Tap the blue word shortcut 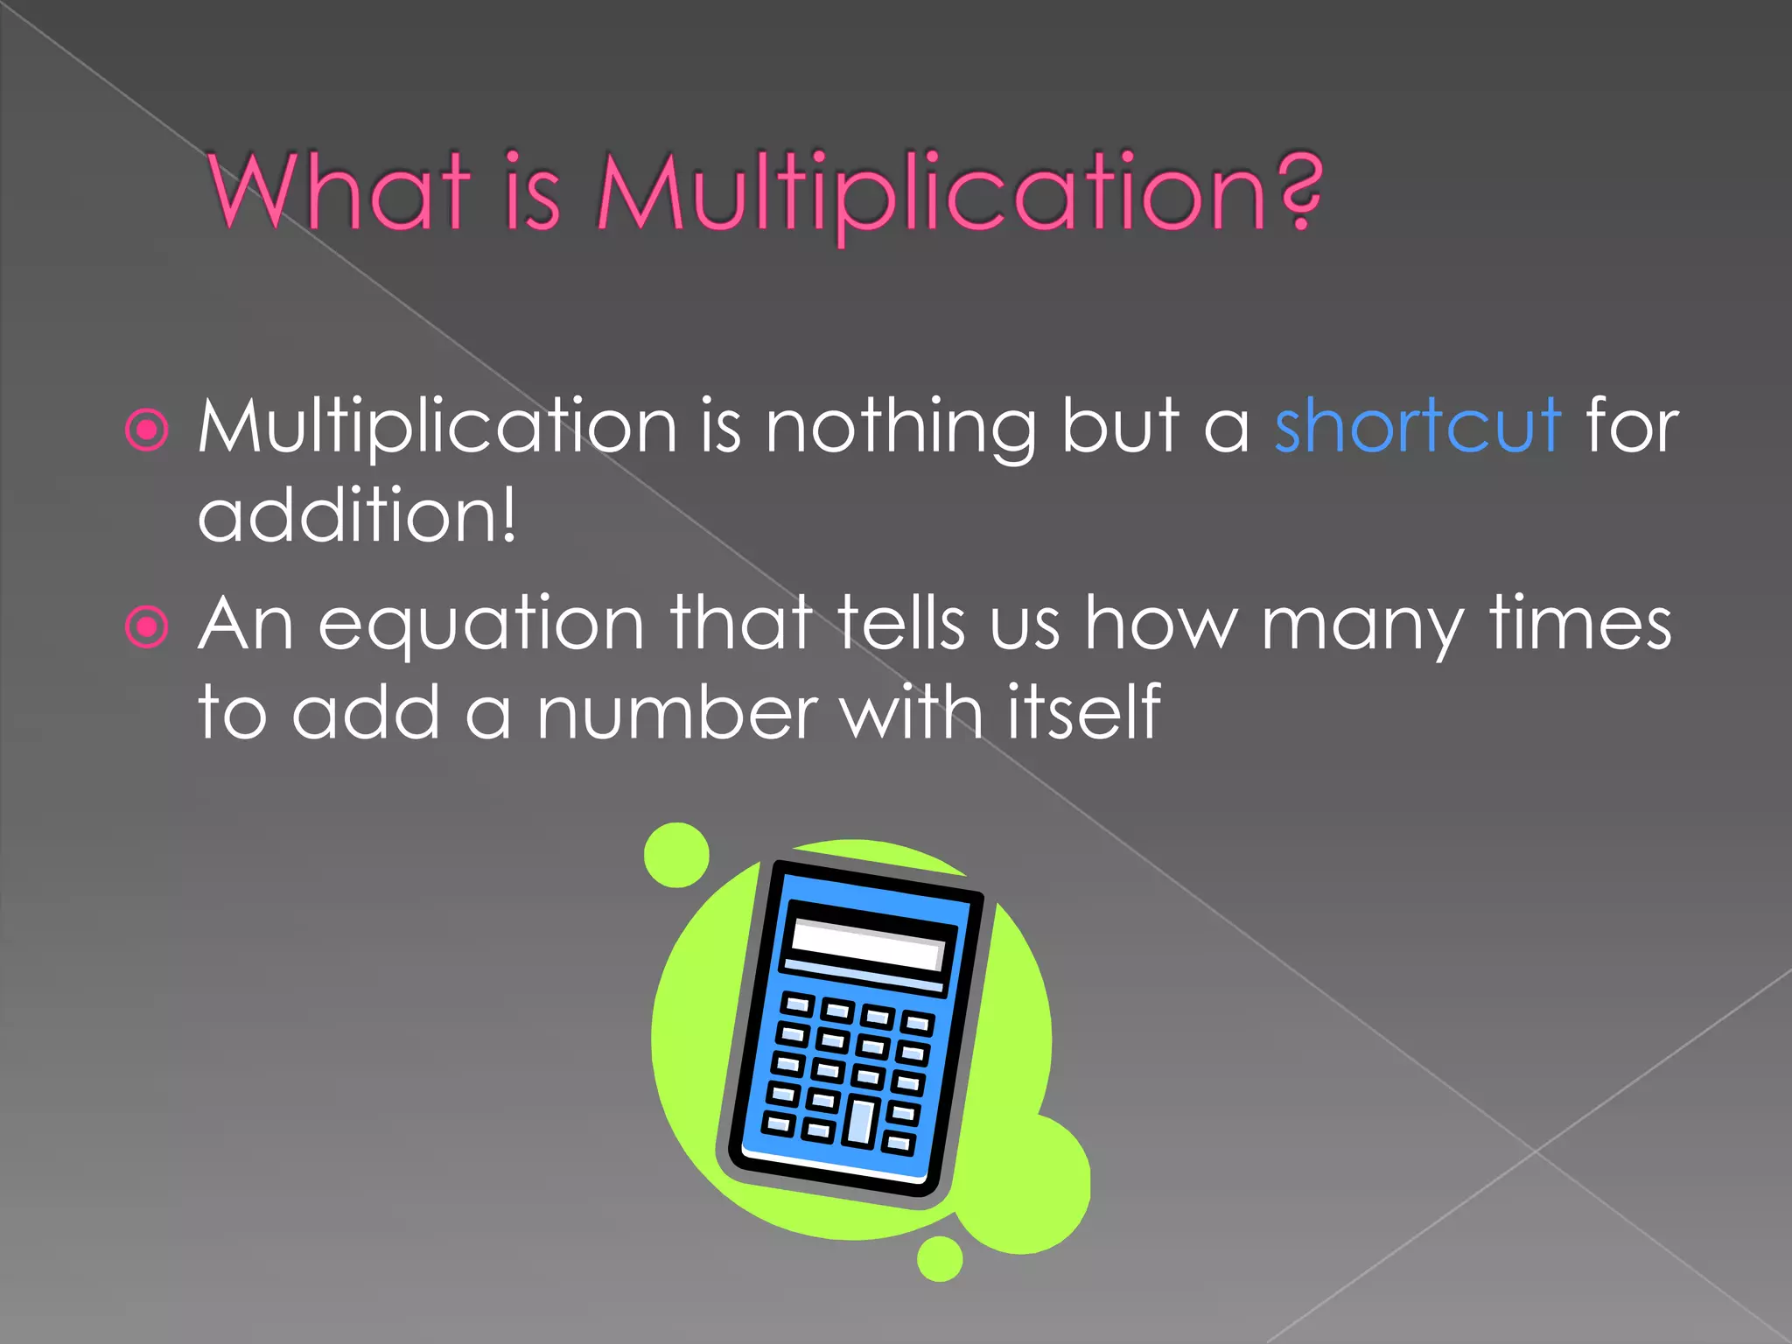pyautogui.click(x=1417, y=426)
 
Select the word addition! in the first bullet pyautogui.click(x=357, y=515)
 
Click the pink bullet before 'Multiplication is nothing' pyautogui.click(x=146, y=430)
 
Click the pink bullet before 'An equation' pyautogui.click(x=146, y=626)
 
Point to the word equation pyautogui.click(x=480, y=626)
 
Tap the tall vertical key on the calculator pyautogui.click(x=860, y=1122)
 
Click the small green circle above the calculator pyautogui.click(x=676, y=854)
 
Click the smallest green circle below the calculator pyautogui.click(x=940, y=1258)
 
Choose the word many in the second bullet pyautogui.click(x=1361, y=626)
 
